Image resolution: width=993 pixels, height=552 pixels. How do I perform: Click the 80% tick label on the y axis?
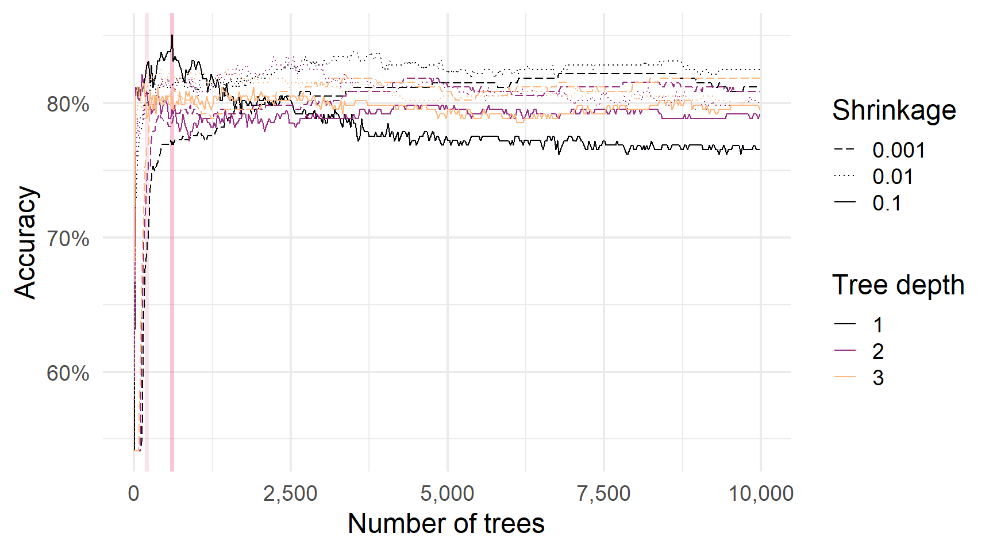click(x=68, y=105)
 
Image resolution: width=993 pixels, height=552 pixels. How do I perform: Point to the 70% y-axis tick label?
click(x=68, y=239)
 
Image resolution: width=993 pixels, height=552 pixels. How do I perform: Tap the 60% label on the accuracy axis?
click(x=68, y=373)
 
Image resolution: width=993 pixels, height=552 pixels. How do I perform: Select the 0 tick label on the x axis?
click(x=134, y=493)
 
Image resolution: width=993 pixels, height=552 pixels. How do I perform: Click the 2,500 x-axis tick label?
click(x=290, y=493)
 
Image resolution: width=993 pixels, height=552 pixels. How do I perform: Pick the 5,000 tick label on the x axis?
click(x=447, y=493)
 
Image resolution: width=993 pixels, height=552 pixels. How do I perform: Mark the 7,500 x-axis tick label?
click(x=603, y=493)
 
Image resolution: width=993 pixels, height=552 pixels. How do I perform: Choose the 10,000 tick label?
click(x=761, y=493)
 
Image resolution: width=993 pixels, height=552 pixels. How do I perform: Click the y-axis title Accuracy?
click(x=25, y=242)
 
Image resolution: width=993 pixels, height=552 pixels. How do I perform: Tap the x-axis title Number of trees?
click(x=446, y=524)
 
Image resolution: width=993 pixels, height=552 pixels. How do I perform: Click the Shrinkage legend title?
click(x=894, y=110)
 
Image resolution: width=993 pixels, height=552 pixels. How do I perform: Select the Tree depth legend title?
click(x=898, y=285)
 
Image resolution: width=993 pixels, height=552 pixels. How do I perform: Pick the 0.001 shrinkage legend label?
click(x=899, y=150)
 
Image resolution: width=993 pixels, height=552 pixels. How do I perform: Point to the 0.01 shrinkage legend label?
click(x=892, y=177)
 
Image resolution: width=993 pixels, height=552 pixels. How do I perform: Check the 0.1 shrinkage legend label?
click(x=887, y=203)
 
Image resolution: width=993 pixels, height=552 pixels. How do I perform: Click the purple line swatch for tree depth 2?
click(x=845, y=351)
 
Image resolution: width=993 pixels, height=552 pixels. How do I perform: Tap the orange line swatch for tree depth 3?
click(x=845, y=377)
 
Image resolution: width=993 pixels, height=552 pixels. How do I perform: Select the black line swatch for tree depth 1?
click(x=845, y=324)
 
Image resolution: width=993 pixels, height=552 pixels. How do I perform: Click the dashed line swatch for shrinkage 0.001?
click(x=845, y=150)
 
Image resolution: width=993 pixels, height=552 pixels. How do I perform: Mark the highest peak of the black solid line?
click(x=172, y=36)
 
